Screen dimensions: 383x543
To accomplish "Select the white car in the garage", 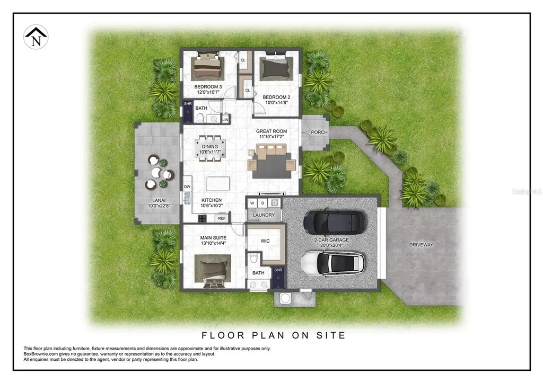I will click(x=332, y=262).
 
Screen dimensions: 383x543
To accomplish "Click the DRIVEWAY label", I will click(x=421, y=245).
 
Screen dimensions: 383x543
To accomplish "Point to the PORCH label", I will click(x=319, y=132).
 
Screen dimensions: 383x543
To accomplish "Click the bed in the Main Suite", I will click(x=213, y=270).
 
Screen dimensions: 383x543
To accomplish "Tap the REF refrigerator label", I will click(x=222, y=218).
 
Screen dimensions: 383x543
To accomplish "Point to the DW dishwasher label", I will click(x=187, y=187).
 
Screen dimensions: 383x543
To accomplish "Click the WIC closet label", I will click(x=266, y=241).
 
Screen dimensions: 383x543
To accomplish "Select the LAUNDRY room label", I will click(x=264, y=215).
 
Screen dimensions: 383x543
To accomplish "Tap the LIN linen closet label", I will click(x=225, y=120).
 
